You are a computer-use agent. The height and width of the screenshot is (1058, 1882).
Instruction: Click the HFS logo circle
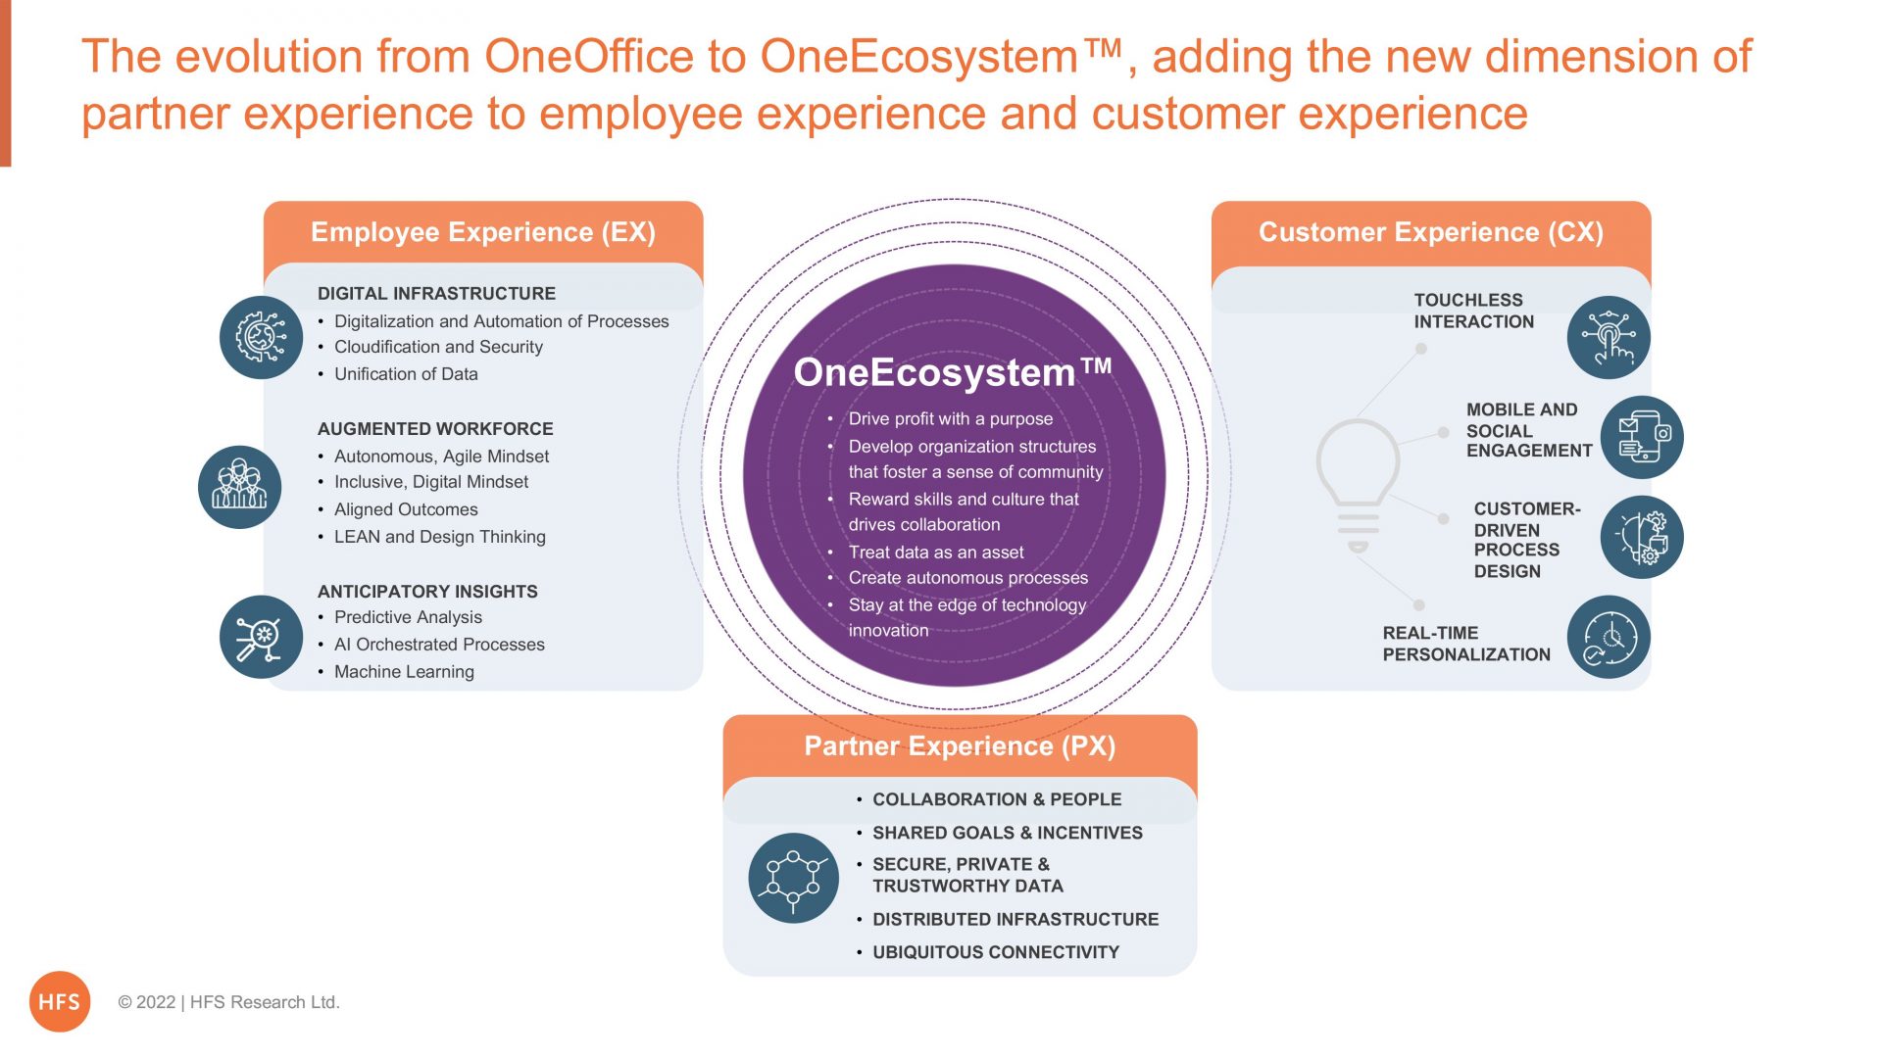(x=60, y=1001)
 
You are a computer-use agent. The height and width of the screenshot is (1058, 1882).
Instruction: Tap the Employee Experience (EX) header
(x=483, y=232)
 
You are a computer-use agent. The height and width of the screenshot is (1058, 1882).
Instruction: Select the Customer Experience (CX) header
(x=1431, y=232)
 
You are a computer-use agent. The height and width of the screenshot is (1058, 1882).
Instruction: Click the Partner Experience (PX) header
(x=960, y=746)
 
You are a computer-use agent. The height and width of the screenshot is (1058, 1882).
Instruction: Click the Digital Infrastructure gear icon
(x=261, y=338)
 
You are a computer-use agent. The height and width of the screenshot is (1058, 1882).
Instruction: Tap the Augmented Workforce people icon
(x=239, y=487)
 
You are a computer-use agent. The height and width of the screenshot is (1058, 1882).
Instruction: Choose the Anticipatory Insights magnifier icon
(x=261, y=637)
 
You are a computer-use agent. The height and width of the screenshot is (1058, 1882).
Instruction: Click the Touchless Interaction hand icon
(x=1609, y=338)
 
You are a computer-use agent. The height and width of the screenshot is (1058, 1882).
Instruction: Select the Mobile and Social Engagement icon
(x=1642, y=437)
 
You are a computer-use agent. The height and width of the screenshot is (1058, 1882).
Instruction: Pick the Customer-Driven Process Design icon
(x=1642, y=537)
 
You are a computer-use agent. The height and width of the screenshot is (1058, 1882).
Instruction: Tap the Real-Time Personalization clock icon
(x=1609, y=637)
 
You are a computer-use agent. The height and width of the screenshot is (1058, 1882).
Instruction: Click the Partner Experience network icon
(x=793, y=878)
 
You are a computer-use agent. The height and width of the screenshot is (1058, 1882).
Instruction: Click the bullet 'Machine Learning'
(x=404, y=672)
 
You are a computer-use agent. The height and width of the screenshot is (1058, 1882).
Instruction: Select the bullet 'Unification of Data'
(x=406, y=374)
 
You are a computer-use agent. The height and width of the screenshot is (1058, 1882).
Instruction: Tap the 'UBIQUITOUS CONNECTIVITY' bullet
(x=995, y=952)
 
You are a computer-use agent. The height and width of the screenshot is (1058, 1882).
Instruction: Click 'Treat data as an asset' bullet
(x=935, y=553)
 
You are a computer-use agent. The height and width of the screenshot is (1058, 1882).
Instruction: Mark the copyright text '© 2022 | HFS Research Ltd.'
(x=228, y=1002)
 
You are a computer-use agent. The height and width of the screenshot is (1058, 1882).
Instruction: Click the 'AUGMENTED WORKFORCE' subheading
(x=435, y=429)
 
